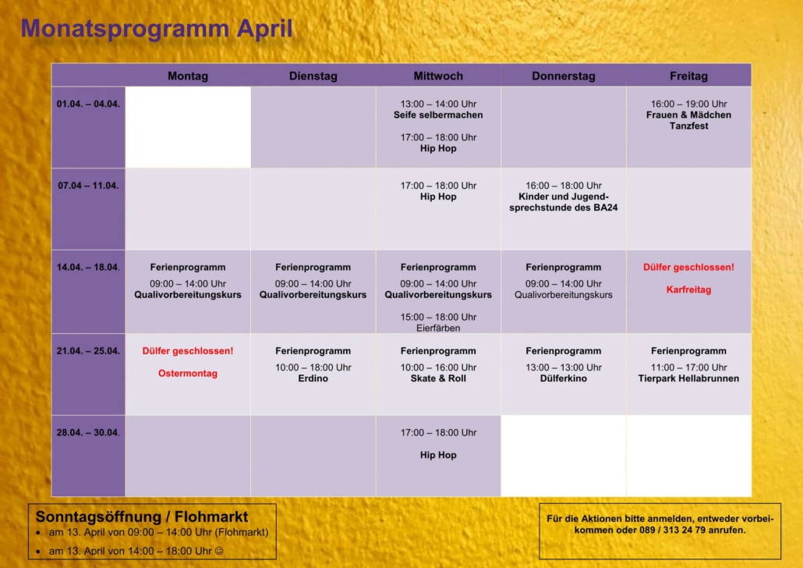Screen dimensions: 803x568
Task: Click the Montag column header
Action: (x=188, y=76)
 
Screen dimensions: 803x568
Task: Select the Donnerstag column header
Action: (x=564, y=76)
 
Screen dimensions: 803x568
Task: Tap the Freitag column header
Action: (x=689, y=76)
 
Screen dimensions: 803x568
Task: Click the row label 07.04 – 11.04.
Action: (x=88, y=186)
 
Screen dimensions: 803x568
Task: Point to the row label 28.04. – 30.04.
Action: (x=88, y=433)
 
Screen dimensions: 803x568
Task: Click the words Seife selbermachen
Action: (x=438, y=115)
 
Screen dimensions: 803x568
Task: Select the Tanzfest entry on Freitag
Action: (x=689, y=126)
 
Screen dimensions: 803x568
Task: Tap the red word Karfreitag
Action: (x=689, y=289)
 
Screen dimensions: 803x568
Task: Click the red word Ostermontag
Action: (x=188, y=373)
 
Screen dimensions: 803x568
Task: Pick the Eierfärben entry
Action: (x=438, y=328)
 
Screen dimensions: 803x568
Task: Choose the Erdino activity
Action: (x=313, y=378)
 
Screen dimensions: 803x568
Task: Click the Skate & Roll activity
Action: (x=438, y=378)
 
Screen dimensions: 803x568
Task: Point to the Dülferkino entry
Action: (x=564, y=378)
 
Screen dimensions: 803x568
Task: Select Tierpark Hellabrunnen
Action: (x=689, y=378)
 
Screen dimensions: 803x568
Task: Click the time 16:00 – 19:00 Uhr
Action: (x=689, y=104)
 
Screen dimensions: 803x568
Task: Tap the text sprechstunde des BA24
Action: (x=564, y=208)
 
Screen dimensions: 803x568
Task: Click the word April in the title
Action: (x=264, y=28)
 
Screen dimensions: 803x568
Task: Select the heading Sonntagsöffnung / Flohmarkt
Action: (x=142, y=517)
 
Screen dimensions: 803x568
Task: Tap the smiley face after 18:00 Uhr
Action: (x=219, y=551)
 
